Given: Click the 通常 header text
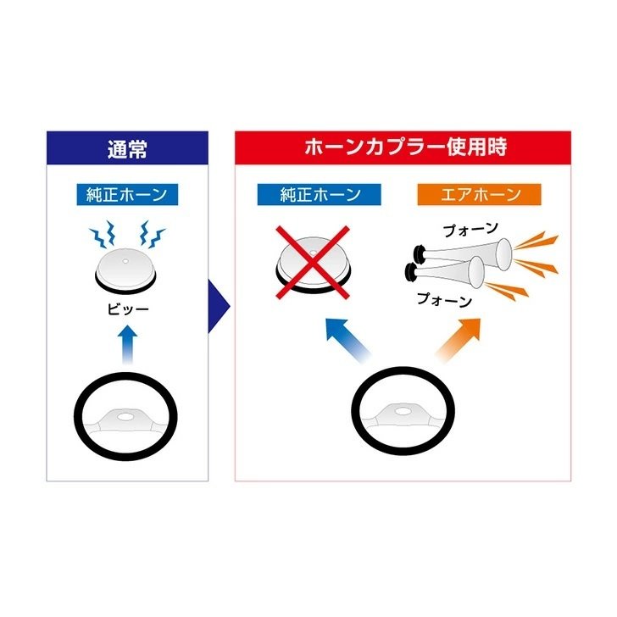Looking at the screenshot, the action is tap(127, 149).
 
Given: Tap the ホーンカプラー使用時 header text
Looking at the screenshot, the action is tap(405, 147).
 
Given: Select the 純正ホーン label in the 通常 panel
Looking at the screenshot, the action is tap(127, 195).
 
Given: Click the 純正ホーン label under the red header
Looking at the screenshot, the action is tap(320, 195).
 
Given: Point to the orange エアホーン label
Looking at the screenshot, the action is tap(480, 195).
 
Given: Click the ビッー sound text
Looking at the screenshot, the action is tap(128, 309).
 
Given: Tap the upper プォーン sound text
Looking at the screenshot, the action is tap(470, 230).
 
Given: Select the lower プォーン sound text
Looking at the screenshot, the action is tap(444, 300).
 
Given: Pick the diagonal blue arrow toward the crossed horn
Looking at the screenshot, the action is tap(348, 340).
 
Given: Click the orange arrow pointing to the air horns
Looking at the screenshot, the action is tap(458, 340).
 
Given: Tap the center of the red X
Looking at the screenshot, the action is tap(313, 262).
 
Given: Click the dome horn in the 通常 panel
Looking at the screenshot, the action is tap(125, 270).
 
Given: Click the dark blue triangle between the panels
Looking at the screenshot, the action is tap(218, 306).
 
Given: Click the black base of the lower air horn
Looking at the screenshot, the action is tap(412, 271).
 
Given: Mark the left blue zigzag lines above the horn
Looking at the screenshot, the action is tap(103, 234).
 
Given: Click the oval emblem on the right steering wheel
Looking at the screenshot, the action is tap(402, 411).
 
